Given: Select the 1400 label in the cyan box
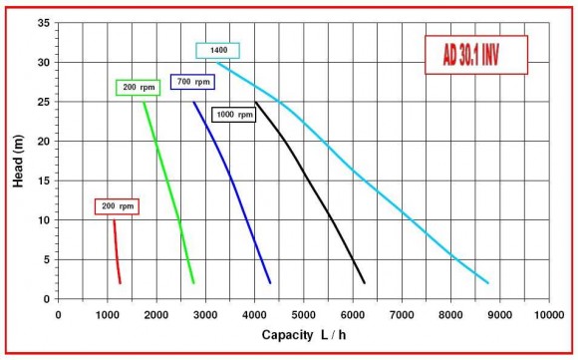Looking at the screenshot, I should (x=217, y=50).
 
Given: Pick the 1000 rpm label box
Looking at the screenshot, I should (x=233, y=115).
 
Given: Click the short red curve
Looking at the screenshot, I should (x=117, y=254).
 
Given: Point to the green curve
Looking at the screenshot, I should (x=167, y=189).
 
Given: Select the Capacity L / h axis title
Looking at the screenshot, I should (x=304, y=336).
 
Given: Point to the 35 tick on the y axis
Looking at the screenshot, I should (x=44, y=23).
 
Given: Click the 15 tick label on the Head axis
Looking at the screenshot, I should (x=44, y=180).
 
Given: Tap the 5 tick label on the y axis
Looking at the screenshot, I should (x=47, y=259).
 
